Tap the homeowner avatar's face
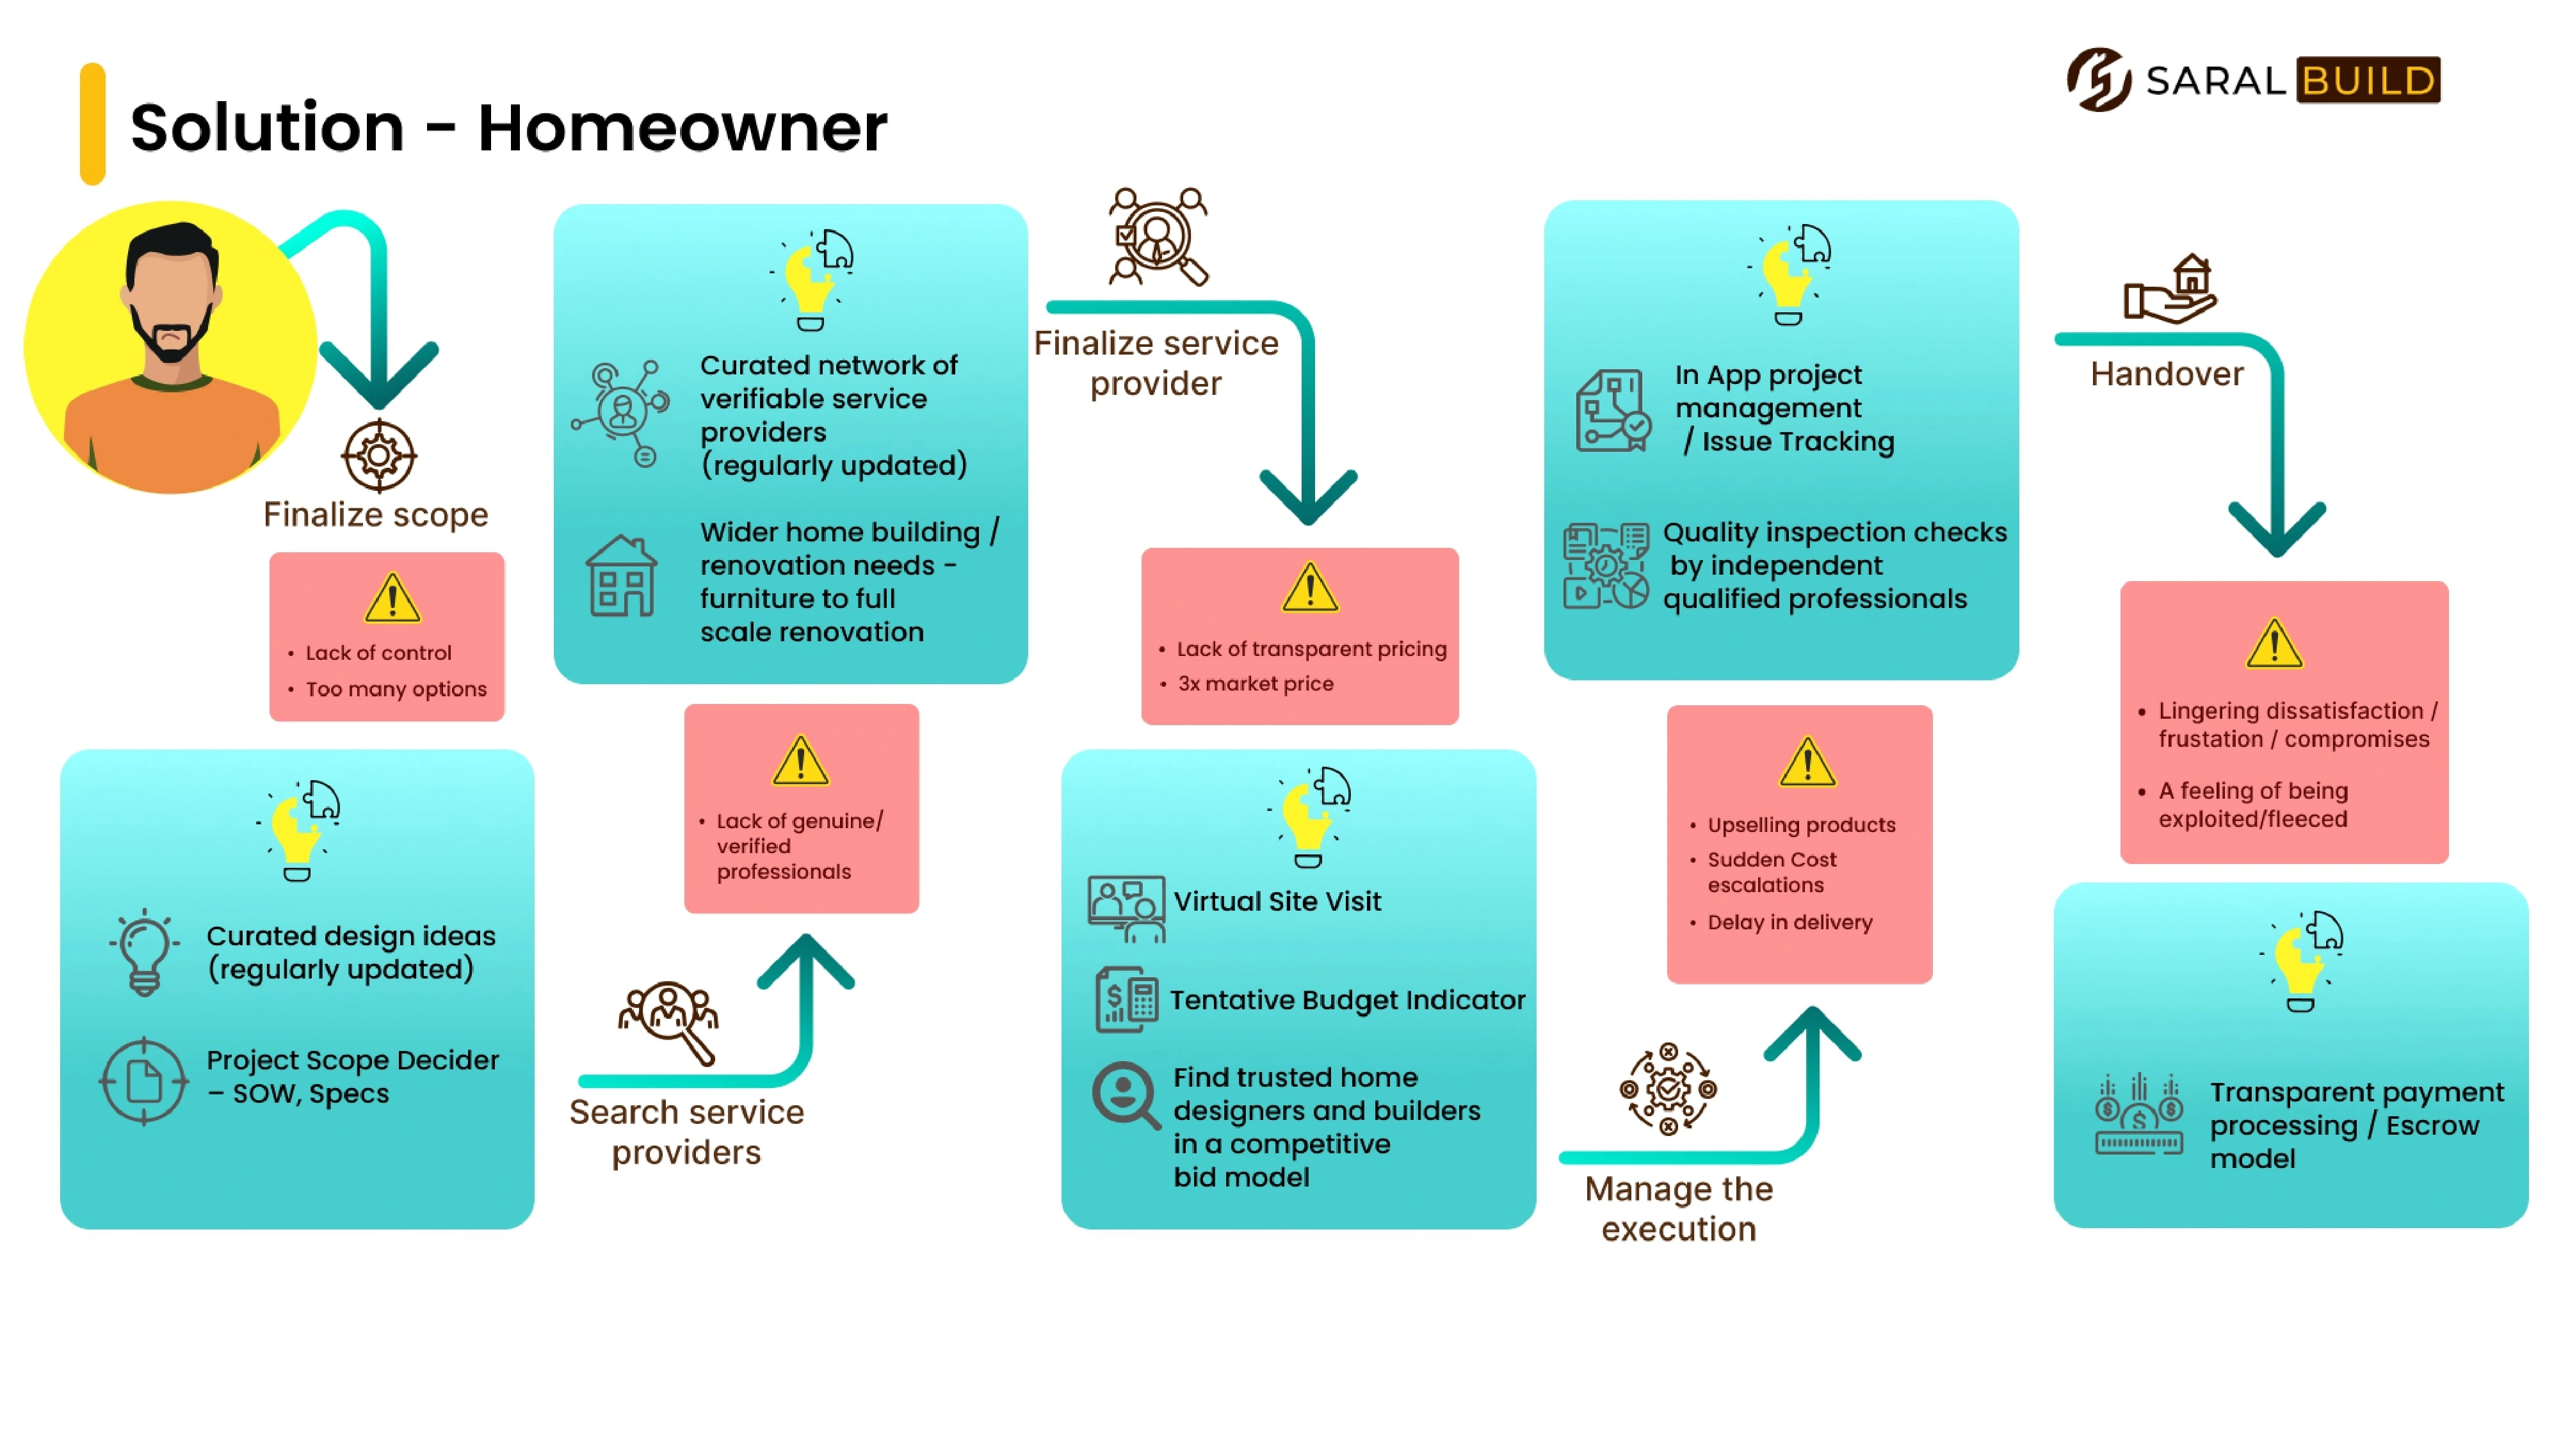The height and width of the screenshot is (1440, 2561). (x=171, y=298)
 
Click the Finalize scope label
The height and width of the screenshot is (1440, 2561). (x=376, y=515)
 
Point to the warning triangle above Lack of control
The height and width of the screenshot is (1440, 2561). (x=392, y=598)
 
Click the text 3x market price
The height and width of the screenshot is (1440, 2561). (x=1256, y=684)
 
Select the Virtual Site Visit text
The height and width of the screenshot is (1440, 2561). (x=1277, y=901)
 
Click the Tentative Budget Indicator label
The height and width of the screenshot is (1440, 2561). (x=1347, y=1000)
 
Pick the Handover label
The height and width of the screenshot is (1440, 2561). (x=2167, y=374)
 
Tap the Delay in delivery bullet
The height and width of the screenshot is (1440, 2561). (x=1789, y=922)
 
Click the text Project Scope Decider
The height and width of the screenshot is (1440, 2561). (x=353, y=1060)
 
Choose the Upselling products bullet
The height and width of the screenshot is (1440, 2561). (x=1802, y=825)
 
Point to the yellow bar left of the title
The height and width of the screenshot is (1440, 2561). (x=92, y=124)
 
